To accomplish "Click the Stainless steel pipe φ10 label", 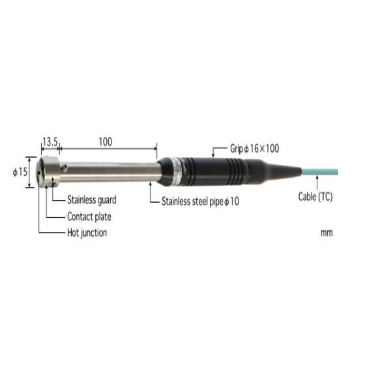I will [200, 202].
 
